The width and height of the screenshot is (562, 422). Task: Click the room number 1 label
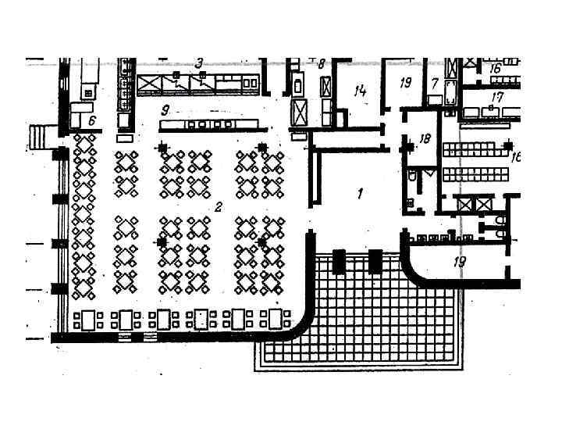click(x=360, y=192)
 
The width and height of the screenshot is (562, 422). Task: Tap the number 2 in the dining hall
click(x=219, y=207)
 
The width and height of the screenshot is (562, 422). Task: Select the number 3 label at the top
click(x=199, y=63)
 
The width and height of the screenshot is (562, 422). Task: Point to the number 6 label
click(x=91, y=120)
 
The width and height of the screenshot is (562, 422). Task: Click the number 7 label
click(x=435, y=83)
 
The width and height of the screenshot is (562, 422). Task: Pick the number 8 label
click(x=321, y=64)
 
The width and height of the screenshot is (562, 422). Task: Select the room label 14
click(x=359, y=91)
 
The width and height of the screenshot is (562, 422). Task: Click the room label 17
click(x=497, y=97)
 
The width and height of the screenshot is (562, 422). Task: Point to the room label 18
click(x=425, y=139)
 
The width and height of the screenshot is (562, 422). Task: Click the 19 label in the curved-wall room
click(x=460, y=261)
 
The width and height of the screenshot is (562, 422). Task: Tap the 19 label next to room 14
click(x=405, y=83)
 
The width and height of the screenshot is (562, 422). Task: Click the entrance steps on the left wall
click(x=39, y=138)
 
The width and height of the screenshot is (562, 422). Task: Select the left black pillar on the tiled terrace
click(x=339, y=261)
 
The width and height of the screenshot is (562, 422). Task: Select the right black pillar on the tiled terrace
click(x=375, y=261)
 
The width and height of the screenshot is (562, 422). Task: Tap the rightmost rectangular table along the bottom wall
click(x=276, y=319)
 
